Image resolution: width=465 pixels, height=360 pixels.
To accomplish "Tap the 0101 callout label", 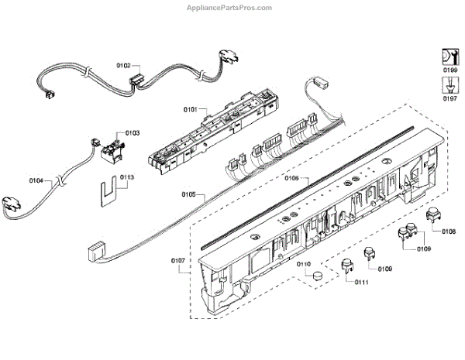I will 190,109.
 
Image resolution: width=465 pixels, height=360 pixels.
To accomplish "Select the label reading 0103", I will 132,133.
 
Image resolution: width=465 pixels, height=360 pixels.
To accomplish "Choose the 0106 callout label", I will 292,178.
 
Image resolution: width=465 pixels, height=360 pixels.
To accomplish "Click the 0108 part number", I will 448,231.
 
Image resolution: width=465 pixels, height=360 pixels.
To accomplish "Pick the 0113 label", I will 127,177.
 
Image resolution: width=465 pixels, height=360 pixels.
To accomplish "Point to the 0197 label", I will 449,99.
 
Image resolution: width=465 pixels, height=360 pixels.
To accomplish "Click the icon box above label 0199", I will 449,57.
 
